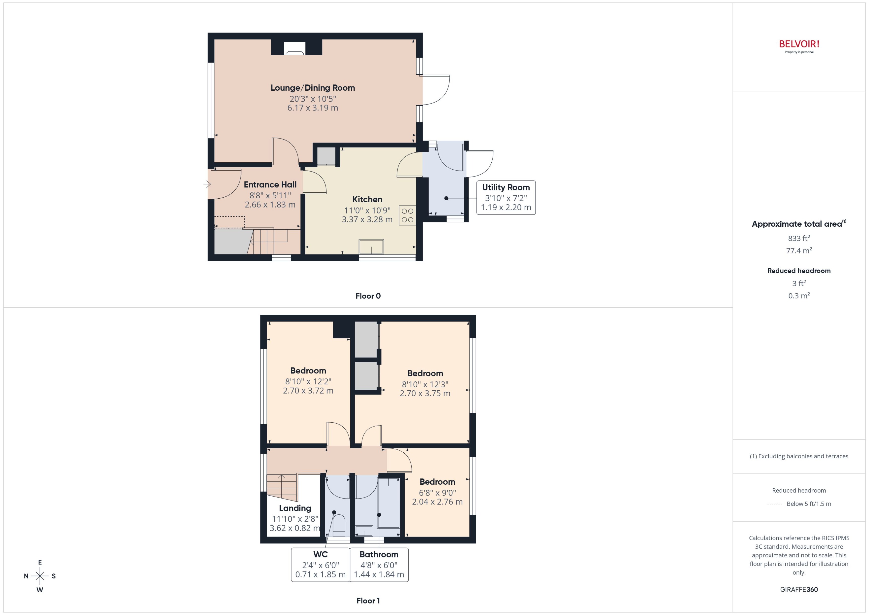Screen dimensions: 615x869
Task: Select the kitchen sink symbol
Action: (x=371, y=247)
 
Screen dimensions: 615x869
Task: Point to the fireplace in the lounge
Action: (x=294, y=48)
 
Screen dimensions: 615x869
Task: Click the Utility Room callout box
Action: (x=506, y=198)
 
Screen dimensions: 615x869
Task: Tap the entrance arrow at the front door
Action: (x=207, y=184)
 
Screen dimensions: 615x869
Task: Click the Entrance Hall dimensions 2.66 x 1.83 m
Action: (x=270, y=205)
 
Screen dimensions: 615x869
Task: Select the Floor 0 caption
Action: (x=368, y=296)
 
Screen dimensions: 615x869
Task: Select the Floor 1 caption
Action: (x=368, y=601)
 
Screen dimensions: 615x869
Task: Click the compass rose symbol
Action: (x=40, y=576)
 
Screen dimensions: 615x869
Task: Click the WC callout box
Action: (x=320, y=565)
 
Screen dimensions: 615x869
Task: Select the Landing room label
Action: (x=295, y=508)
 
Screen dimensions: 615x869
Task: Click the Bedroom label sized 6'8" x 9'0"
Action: (x=437, y=482)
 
